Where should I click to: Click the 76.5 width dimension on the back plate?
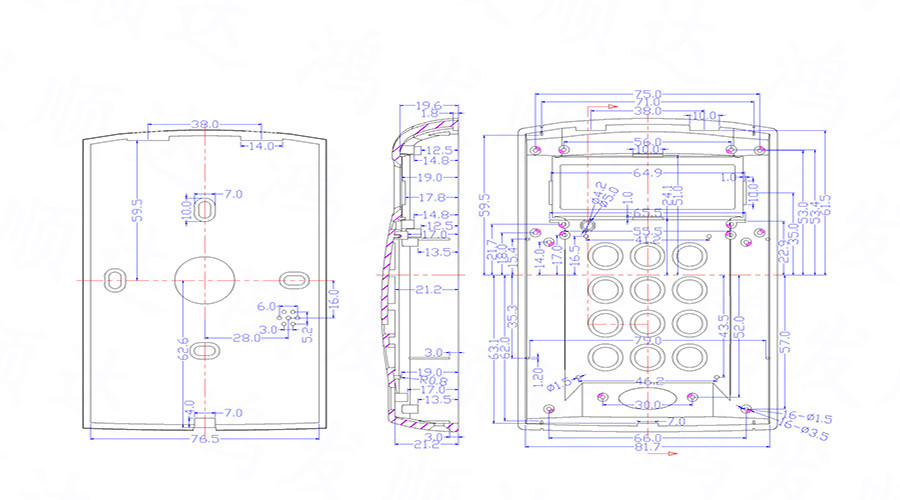coord(204,438)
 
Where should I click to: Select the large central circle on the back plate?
coord(203,280)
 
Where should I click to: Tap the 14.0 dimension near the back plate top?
coord(261,146)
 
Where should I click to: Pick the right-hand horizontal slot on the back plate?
coord(292,276)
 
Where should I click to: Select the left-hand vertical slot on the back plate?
coord(115,276)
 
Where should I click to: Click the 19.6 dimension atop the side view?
coord(428,105)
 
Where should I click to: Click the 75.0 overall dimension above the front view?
coord(647,96)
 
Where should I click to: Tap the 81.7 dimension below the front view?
coord(647,447)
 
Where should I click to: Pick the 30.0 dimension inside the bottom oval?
coord(647,404)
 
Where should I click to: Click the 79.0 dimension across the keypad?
coord(648,342)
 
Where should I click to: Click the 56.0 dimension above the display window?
coord(647,143)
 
